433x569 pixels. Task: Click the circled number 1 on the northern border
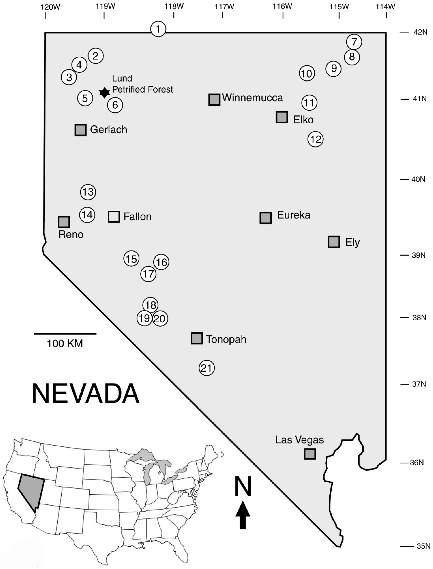point(158,29)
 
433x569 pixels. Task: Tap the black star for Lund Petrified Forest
point(104,93)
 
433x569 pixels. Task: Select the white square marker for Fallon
point(114,217)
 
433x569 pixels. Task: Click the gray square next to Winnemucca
point(214,99)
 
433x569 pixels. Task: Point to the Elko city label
point(303,120)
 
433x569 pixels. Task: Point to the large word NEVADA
point(85,394)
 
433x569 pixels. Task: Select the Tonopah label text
point(226,339)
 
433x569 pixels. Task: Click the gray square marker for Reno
point(64,222)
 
